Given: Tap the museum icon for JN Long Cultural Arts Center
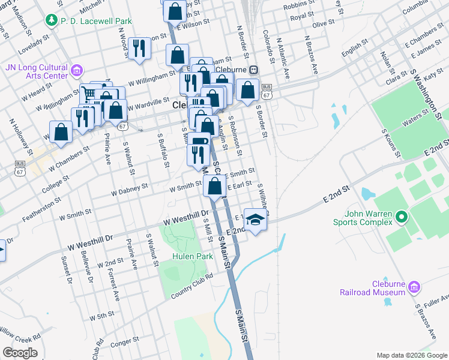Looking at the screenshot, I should [x=76, y=71].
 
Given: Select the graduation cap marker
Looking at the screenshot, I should [x=256, y=220].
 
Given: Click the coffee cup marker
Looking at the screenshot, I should [x=199, y=142].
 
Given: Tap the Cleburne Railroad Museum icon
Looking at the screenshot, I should [x=413, y=287].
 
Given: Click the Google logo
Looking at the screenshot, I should [x=19, y=353].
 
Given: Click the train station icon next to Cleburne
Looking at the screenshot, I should [x=254, y=69].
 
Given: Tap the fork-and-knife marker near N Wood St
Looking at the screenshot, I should [x=139, y=48].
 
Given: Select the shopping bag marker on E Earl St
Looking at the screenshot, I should [x=215, y=185].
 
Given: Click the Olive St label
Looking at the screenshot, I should [x=323, y=23].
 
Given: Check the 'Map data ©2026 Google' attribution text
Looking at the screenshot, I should [x=412, y=355].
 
